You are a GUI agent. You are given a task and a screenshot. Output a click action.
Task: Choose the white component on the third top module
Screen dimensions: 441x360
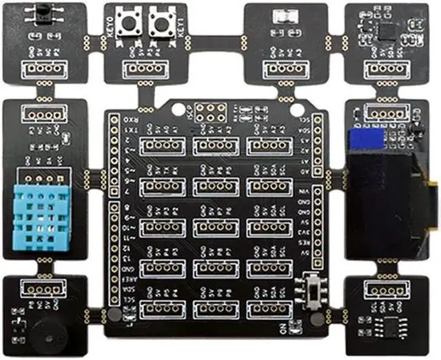coord(283,17)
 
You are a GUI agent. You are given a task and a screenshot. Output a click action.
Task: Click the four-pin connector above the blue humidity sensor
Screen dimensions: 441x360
coord(42,114)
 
